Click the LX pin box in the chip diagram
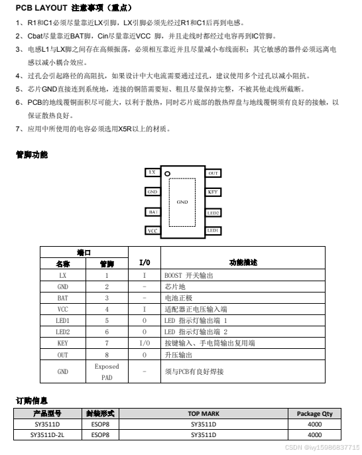(x=153, y=172)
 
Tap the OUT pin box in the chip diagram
(x=213, y=173)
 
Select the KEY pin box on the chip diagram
(x=213, y=192)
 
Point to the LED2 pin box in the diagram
(x=213, y=213)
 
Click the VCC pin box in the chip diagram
(x=153, y=231)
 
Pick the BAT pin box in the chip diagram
(x=153, y=212)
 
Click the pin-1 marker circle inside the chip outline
(x=168, y=175)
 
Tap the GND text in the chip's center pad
(x=182, y=201)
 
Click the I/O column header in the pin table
(x=144, y=262)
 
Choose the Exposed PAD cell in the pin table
(x=107, y=371)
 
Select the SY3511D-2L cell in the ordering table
(x=48, y=435)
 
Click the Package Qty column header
(x=314, y=413)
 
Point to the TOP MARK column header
(x=203, y=413)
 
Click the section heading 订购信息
(x=31, y=400)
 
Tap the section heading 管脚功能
(x=32, y=154)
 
